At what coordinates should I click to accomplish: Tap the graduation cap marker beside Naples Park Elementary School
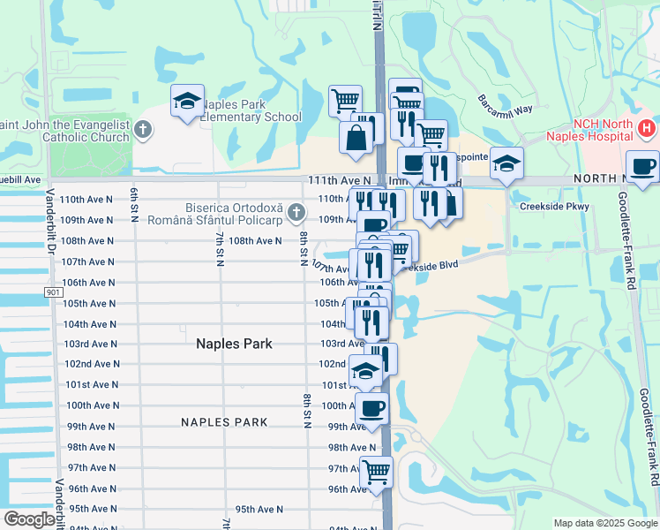[188, 102]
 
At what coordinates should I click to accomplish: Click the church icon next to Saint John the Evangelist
[145, 130]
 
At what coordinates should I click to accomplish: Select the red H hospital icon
[646, 129]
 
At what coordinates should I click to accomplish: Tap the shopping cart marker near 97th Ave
[377, 471]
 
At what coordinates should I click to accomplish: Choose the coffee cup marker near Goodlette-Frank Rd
[643, 166]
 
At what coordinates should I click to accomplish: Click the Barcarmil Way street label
[506, 104]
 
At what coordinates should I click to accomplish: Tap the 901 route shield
[52, 291]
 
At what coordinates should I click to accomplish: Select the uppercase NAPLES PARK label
[224, 422]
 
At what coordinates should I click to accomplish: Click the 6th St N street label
[135, 205]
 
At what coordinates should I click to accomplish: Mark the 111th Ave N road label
[332, 179]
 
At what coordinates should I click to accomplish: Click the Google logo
[29, 519]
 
